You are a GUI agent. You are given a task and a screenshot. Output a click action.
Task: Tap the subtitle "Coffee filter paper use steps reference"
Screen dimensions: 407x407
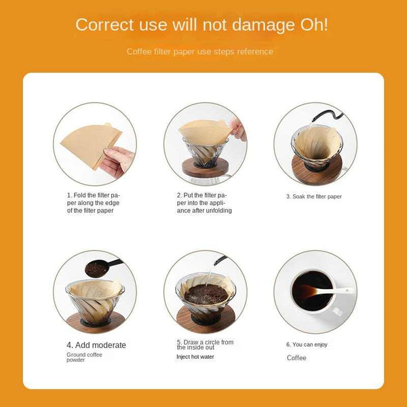click(x=200, y=52)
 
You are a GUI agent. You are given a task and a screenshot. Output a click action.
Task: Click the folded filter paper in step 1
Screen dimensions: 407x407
click(x=91, y=144)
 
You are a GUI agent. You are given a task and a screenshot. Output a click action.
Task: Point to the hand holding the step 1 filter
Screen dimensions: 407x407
click(x=117, y=161)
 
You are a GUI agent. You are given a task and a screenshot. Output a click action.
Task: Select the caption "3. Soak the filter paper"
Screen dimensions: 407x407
click(x=314, y=197)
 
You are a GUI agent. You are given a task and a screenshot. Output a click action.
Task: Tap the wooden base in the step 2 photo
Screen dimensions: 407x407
click(x=205, y=168)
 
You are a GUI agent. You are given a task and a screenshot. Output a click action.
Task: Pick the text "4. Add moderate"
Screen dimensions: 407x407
click(x=96, y=345)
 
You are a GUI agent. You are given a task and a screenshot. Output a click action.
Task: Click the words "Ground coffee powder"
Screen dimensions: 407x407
click(x=84, y=357)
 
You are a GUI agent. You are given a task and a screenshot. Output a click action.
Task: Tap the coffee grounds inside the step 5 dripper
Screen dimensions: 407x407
click(x=206, y=294)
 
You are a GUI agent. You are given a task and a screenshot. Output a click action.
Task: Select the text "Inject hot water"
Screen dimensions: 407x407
click(x=195, y=357)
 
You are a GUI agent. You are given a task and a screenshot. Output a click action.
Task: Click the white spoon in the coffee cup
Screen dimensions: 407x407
click(x=328, y=290)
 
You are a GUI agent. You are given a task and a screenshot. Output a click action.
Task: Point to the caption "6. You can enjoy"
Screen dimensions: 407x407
click(x=307, y=345)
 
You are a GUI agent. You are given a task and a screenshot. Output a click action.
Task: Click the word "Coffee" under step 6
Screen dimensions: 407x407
click(x=296, y=358)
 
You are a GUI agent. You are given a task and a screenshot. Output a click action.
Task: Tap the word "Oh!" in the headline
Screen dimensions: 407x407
click(x=314, y=25)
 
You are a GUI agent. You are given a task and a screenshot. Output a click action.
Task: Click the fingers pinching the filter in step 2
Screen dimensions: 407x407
click(x=237, y=130)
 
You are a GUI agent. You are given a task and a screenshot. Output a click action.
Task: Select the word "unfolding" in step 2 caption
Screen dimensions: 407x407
click(x=219, y=210)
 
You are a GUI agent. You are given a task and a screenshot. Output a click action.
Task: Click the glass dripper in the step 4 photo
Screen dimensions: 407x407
click(x=95, y=303)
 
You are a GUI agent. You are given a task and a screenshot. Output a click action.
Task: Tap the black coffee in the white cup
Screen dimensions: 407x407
click(x=312, y=291)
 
